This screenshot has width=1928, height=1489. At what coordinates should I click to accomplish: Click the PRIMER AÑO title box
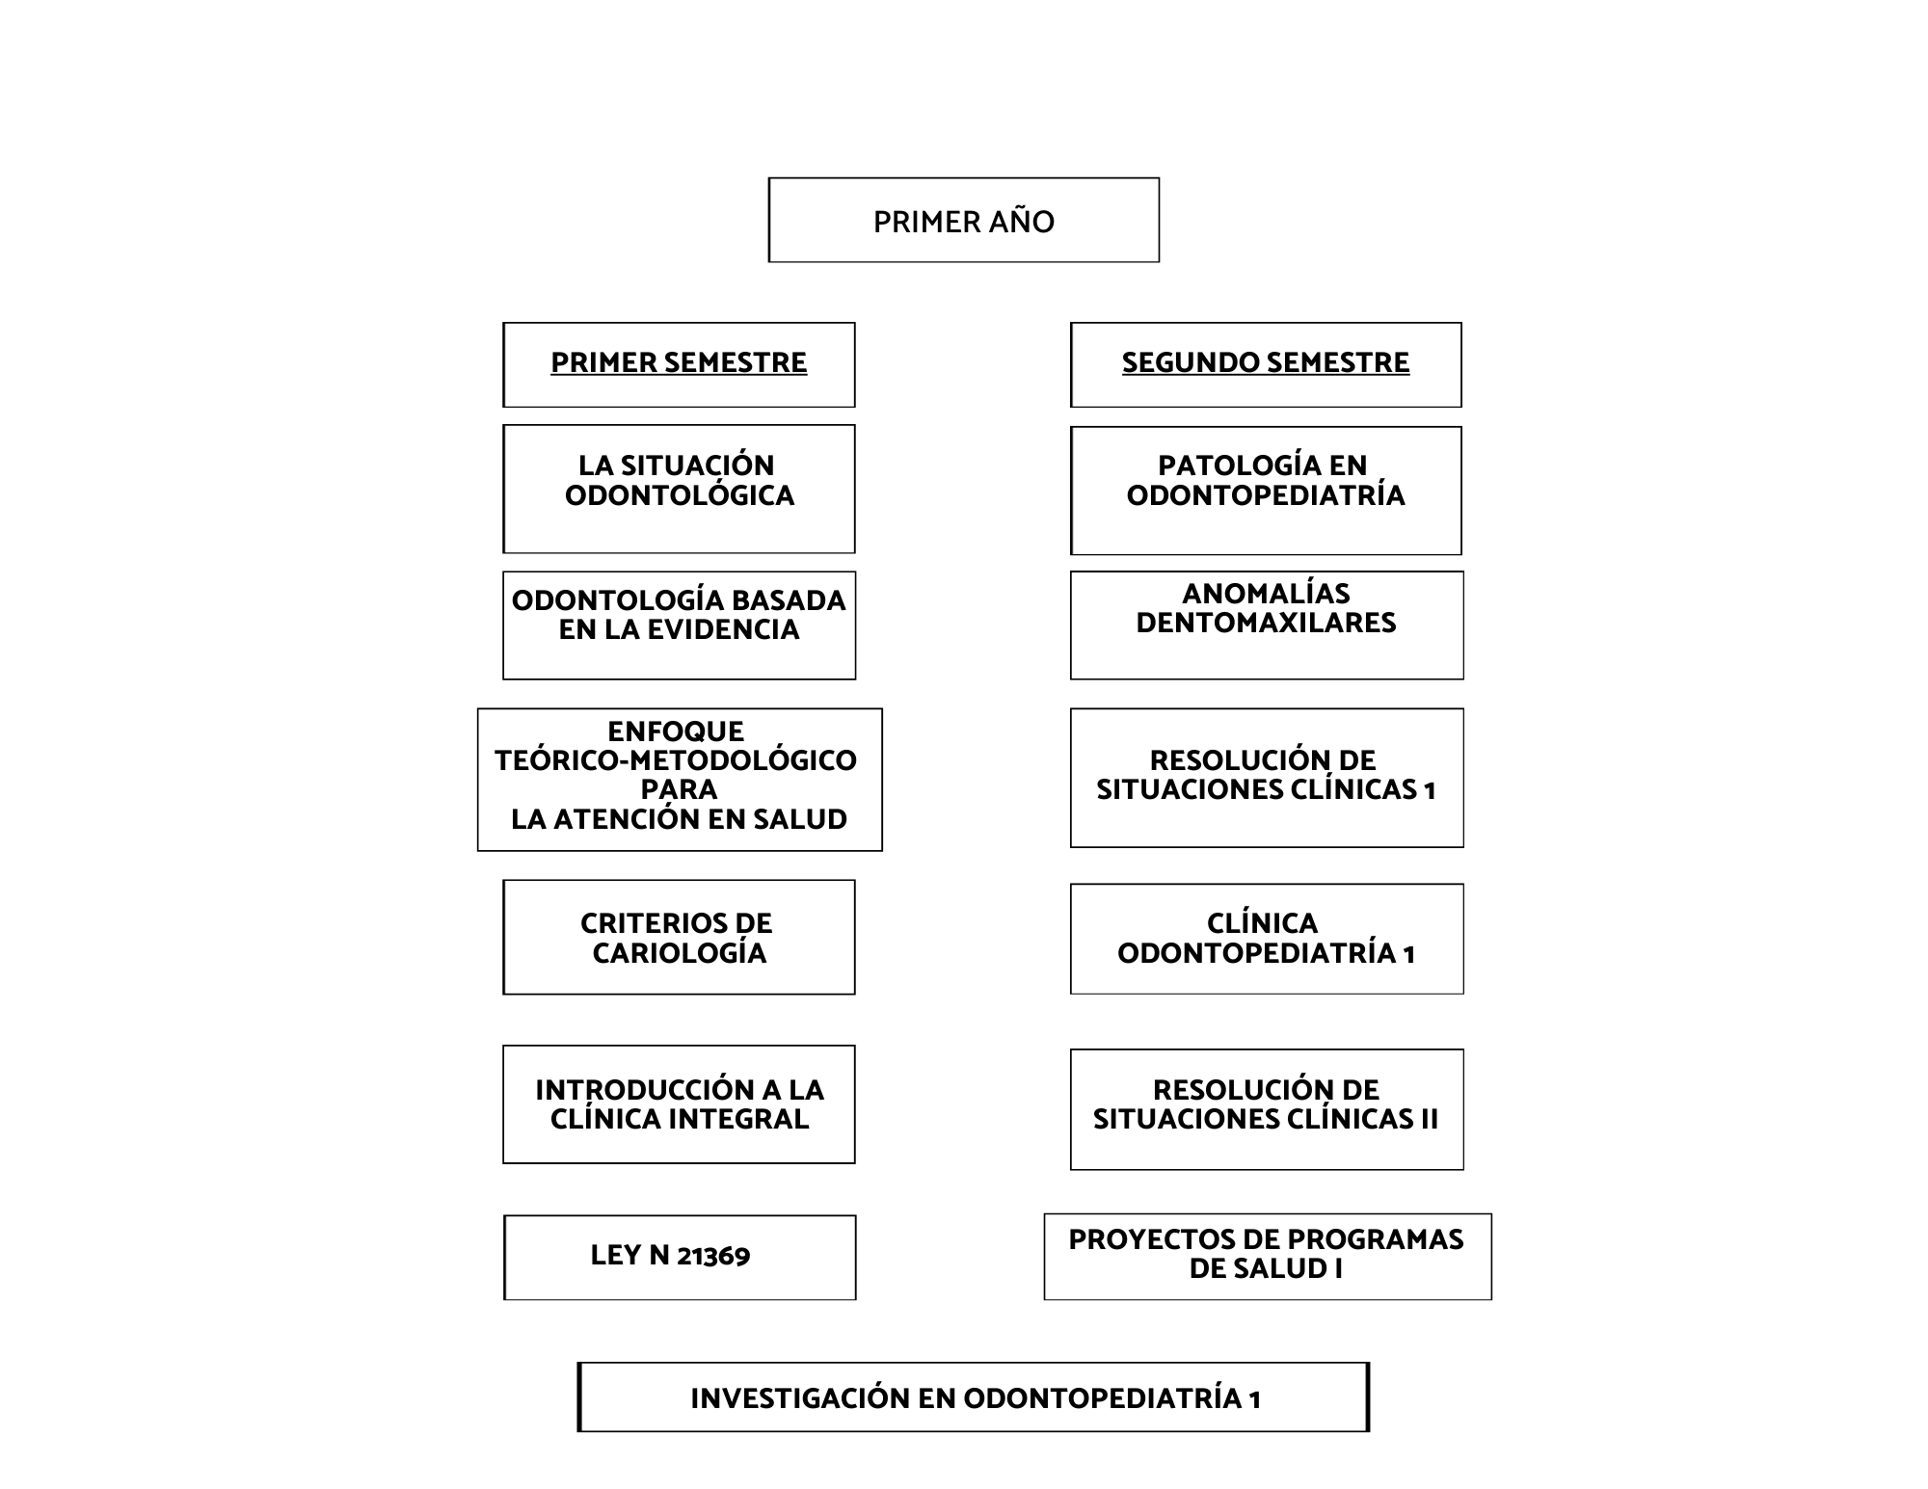pos(964,220)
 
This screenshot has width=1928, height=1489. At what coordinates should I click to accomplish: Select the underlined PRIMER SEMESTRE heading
pos(679,362)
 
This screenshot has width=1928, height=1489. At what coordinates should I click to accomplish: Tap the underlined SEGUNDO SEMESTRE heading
pos(1266,362)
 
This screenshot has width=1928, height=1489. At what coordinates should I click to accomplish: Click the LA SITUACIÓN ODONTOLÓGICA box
pos(679,489)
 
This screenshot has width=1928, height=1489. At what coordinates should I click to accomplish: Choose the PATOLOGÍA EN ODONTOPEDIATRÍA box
pos(1266,491)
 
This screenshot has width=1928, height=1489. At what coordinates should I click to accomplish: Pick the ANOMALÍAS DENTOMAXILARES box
pos(1267,625)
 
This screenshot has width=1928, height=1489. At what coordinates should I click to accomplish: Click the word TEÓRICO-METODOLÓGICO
pos(676,760)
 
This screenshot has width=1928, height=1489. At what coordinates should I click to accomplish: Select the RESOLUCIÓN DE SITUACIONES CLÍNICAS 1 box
pos(1267,778)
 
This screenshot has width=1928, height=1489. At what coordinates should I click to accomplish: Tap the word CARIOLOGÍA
pos(680,953)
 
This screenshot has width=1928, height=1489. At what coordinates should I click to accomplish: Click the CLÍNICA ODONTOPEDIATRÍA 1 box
pos(1267,939)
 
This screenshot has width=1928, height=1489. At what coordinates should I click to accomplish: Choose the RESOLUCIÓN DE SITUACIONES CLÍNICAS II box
pos(1267,1109)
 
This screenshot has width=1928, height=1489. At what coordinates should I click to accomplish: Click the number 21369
pos(713,1256)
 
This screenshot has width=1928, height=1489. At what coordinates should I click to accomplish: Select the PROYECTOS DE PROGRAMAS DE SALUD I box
pos(1268,1257)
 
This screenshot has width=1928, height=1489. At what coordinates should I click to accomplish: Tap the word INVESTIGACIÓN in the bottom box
pos(800,1398)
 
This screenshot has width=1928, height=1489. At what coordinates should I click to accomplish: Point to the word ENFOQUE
pos(676,731)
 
